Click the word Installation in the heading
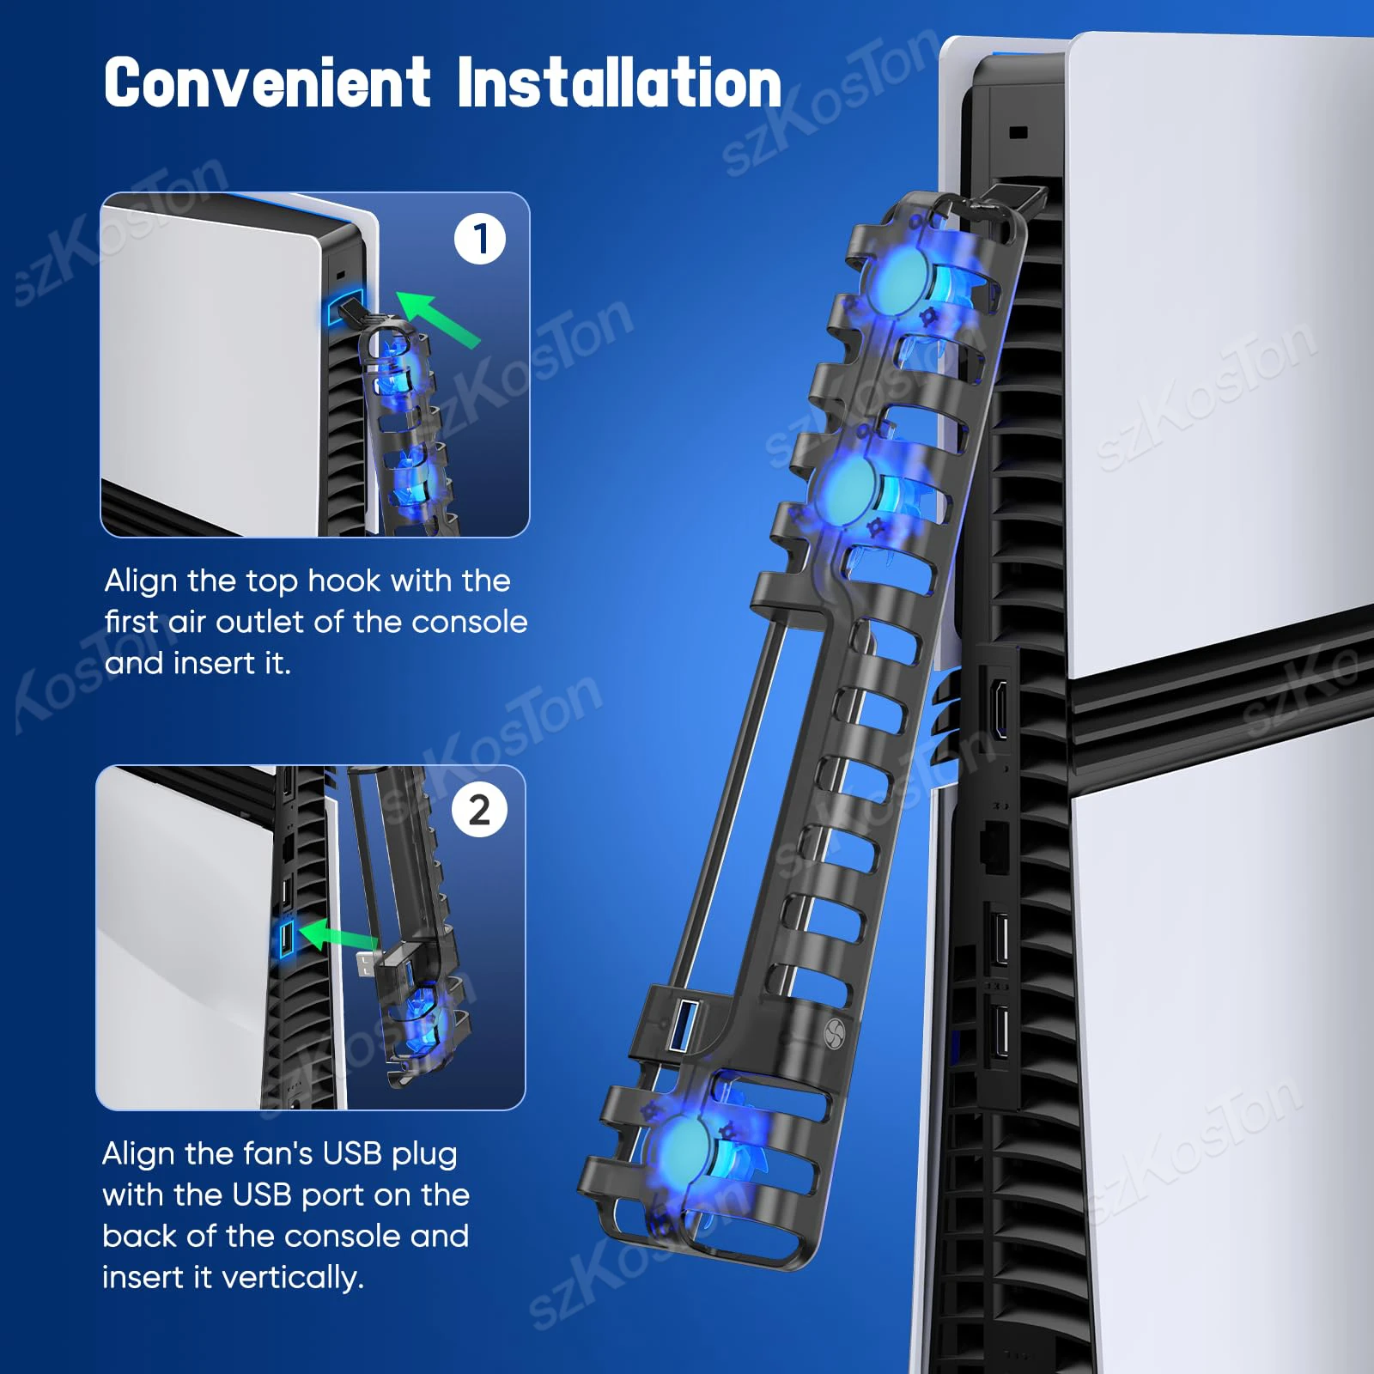(x=618, y=83)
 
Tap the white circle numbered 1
(x=480, y=239)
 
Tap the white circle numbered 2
(x=479, y=810)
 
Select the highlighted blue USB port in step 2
(x=286, y=939)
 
